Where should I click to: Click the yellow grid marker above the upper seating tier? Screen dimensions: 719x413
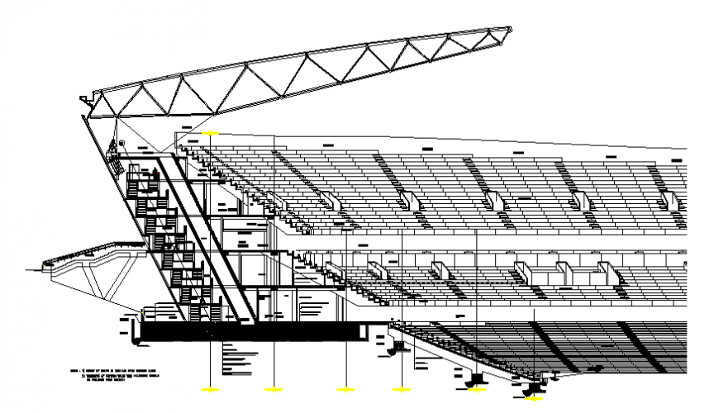coord(210,133)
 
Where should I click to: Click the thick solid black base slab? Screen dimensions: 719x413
coord(248,330)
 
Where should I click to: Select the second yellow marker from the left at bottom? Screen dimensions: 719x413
coord(274,388)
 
